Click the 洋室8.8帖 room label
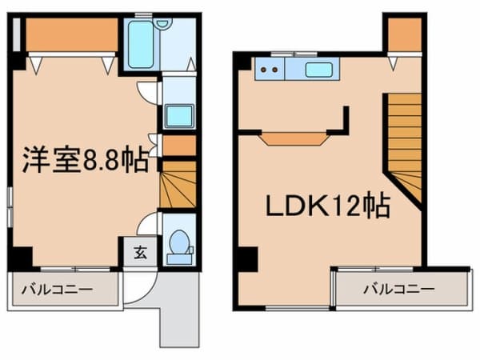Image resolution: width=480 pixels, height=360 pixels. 86,160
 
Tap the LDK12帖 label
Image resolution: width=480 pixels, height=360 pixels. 328,206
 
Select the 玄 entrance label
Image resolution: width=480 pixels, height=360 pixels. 141,253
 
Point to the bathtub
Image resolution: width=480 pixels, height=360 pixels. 141,44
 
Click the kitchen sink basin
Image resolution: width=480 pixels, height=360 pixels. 318,70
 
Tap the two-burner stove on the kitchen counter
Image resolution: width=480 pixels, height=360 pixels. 270,70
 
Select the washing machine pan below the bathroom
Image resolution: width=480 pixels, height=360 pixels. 179,116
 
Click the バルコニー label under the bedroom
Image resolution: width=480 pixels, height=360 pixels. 57,290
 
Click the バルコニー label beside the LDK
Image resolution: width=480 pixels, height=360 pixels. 399,289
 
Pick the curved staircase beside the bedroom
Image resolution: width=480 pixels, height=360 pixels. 178,184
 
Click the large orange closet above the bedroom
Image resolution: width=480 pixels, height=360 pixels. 72,34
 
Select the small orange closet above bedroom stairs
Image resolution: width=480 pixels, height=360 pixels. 179,146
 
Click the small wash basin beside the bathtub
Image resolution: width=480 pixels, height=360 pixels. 163,23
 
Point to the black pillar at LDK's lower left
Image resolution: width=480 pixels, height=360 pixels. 248,259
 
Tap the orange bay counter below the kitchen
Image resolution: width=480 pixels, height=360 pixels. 294,139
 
